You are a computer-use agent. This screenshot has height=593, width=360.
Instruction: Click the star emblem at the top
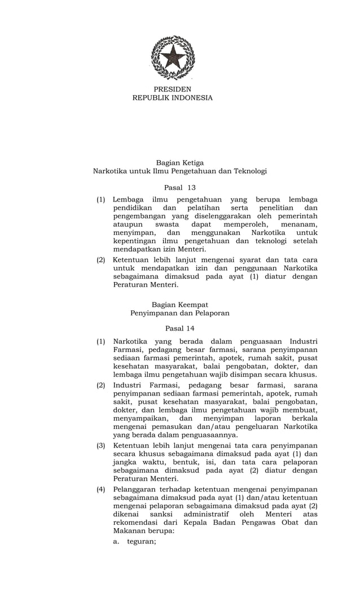(173, 58)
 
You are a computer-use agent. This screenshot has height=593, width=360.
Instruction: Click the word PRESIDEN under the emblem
(173, 89)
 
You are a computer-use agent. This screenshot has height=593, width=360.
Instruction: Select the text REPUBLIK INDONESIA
(173, 98)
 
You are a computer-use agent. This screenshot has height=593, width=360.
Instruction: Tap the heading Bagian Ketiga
(180, 162)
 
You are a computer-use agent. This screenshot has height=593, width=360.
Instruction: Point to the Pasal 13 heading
(180, 187)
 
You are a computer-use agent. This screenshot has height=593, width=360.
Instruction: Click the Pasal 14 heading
(180, 328)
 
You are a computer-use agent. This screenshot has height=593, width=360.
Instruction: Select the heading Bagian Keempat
(180, 304)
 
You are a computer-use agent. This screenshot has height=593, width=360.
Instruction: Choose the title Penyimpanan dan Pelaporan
(180, 313)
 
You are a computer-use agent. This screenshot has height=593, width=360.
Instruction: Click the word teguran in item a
(141, 541)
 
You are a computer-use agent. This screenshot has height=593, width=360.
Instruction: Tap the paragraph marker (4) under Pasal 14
(101, 490)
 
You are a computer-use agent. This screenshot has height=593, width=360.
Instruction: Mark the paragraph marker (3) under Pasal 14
(101, 446)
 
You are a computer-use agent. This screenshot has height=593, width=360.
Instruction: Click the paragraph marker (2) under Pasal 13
(101, 260)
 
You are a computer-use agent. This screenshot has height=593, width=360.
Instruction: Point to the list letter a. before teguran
(116, 541)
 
